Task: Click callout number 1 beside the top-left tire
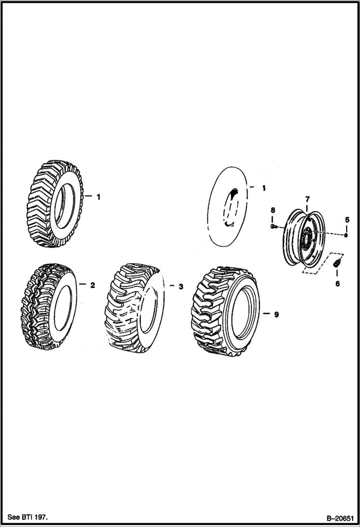pos(98,197)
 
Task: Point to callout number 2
pos(93,285)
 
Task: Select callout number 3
pos(180,287)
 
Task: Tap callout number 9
pos(276,315)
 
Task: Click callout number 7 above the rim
pos(307,199)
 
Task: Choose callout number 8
pos(273,210)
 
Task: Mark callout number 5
pos(347,220)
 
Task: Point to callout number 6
pos(337,284)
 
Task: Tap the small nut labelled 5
pos(346,235)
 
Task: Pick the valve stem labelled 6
pos(336,263)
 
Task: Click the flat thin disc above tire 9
pos(228,206)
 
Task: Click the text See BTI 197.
pos(28,517)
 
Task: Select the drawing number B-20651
pos(340,518)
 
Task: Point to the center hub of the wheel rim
pos(306,237)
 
